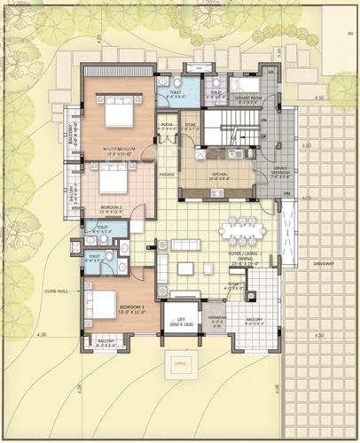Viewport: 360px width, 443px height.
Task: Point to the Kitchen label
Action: pos(217,178)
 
